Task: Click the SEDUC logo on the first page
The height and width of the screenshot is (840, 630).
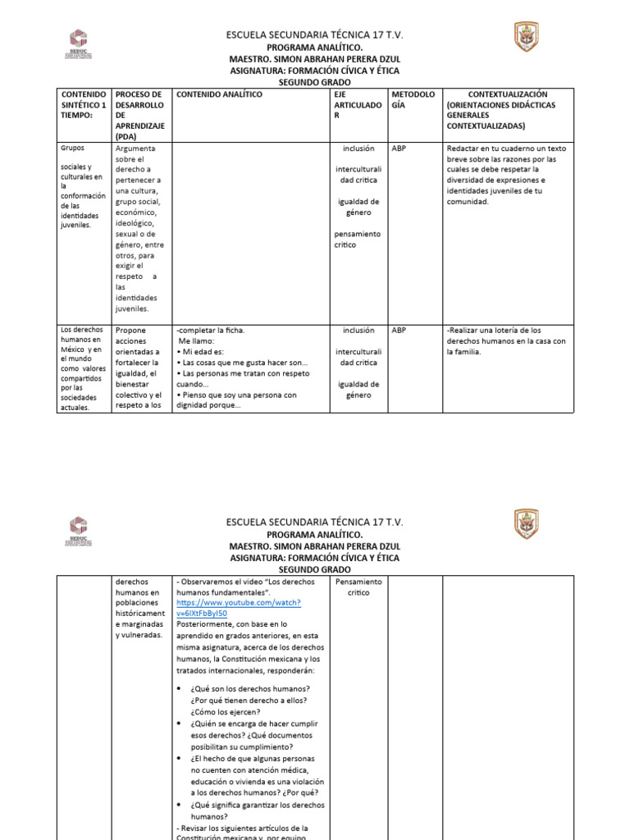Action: (77, 43)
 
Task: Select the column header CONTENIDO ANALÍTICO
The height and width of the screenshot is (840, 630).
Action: (219, 95)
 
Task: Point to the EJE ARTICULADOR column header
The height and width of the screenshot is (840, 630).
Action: (358, 106)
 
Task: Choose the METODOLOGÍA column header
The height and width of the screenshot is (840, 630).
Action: (413, 100)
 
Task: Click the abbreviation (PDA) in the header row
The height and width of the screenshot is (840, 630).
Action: (126, 137)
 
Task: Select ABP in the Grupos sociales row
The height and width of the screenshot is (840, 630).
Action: (399, 148)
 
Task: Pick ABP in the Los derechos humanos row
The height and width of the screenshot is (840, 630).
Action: (399, 331)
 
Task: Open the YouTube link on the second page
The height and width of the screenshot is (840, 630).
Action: (238, 608)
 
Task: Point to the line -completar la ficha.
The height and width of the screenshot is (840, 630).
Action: (210, 331)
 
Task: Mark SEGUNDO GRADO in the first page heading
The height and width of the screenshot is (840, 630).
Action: (314, 83)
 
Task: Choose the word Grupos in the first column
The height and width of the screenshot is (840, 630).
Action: (73, 148)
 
